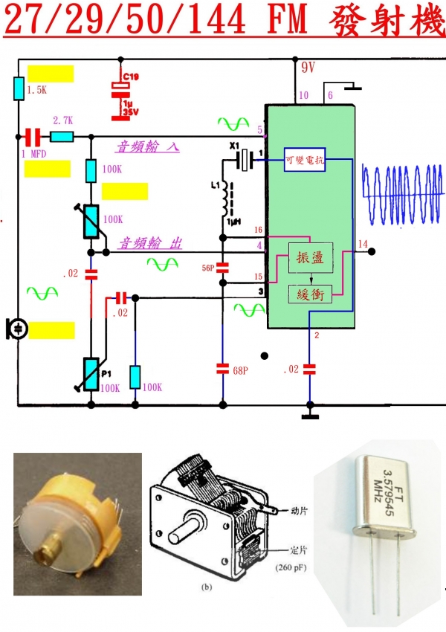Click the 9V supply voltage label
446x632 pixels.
[x=308, y=68]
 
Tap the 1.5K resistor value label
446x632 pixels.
[x=36, y=90]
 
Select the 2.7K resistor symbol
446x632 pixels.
[x=62, y=137]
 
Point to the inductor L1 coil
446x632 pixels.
[x=224, y=199]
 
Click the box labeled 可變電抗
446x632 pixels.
[x=305, y=159]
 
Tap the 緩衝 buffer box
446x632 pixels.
[x=307, y=294]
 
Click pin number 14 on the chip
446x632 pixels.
[x=362, y=244]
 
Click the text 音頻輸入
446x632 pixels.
[x=147, y=147]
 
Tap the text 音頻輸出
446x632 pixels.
[x=152, y=244]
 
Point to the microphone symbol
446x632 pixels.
[x=16, y=328]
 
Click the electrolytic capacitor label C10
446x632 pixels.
[x=130, y=77]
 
